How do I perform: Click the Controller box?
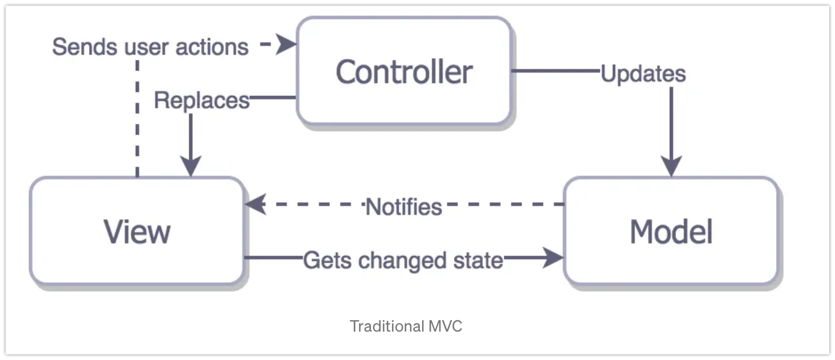tap(404, 72)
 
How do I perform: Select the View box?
tap(137, 231)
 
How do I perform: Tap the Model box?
tap(671, 231)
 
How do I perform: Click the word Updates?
tap(643, 74)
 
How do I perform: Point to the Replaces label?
tap(202, 101)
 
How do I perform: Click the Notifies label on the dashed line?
tap(403, 207)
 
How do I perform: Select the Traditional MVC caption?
tap(406, 326)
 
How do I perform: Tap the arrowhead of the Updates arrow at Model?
tap(671, 168)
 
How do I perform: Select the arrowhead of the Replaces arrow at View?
tap(191, 168)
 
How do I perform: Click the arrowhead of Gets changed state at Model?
tap(553, 258)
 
